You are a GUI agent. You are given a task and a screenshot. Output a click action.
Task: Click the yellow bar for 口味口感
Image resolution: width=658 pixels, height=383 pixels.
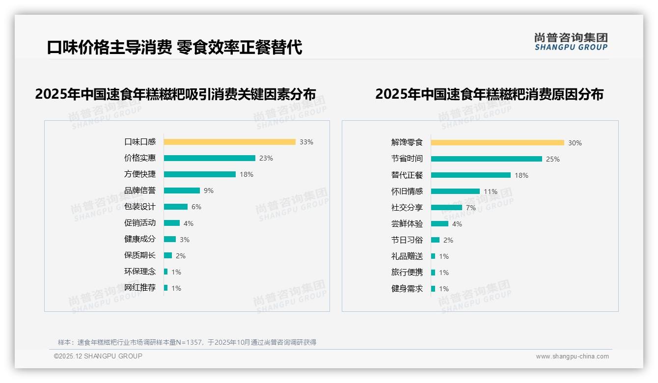[229, 142]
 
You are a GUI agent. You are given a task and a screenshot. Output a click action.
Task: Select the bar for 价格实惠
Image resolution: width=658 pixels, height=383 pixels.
[210, 158]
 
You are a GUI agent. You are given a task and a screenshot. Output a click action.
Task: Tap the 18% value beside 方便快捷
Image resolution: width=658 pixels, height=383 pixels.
[247, 174]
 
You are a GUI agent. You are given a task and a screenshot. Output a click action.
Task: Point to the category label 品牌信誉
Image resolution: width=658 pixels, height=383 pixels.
[140, 191]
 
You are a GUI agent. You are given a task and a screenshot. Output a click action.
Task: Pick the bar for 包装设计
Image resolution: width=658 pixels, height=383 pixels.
[176, 207]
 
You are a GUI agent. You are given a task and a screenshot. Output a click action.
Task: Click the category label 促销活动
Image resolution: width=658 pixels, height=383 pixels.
[140, 223]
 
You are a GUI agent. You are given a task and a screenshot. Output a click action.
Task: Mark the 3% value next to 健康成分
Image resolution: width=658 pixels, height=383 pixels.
[185, 240]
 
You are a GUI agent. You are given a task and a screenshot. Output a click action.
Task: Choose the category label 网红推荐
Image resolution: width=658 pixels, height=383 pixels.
[140, 288]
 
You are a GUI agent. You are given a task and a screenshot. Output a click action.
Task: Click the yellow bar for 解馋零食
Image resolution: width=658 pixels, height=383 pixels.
[497, 143]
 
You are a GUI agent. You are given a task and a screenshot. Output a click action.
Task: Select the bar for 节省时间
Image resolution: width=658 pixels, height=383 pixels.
[487, 159]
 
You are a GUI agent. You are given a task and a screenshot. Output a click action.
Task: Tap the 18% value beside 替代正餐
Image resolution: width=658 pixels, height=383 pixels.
[521, 175]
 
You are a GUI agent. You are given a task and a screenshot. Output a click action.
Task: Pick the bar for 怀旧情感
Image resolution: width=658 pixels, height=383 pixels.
[455, 191]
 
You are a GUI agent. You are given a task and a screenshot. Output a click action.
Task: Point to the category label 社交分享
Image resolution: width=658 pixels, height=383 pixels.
[407, 208]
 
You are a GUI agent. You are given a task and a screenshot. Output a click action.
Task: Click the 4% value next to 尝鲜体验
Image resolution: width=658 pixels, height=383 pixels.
[457, 224]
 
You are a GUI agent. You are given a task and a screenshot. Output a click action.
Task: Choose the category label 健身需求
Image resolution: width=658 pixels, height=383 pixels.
[407, 289]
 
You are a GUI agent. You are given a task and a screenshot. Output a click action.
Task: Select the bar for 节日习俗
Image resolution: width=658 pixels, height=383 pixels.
[436, 240]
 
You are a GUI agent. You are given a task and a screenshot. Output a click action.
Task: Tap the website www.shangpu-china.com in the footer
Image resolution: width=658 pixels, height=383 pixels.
[572, 356]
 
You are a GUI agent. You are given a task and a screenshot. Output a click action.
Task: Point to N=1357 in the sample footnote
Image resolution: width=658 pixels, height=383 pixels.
[189, 342]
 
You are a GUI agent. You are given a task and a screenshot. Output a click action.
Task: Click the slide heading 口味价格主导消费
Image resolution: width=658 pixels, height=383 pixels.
[110, 48]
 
